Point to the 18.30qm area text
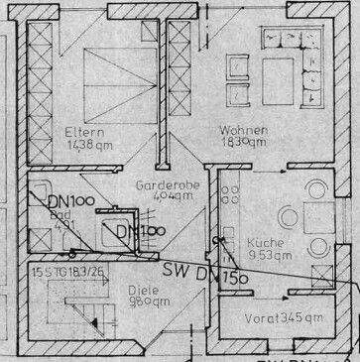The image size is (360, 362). pos(243,143)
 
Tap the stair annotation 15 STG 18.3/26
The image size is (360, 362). pos(70,271)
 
